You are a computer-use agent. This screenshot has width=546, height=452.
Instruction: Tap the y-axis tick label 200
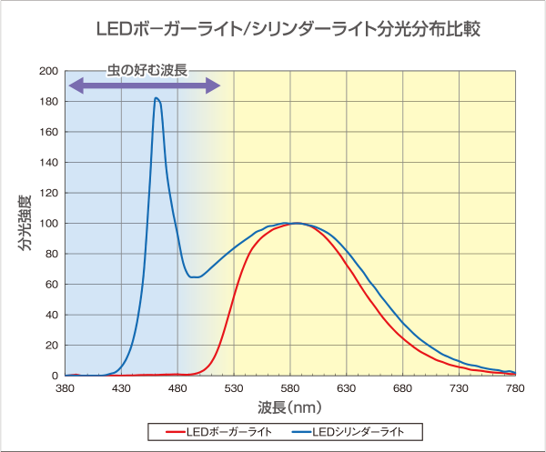click(49, 71)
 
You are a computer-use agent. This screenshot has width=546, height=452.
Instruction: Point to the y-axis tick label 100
click(49, 224)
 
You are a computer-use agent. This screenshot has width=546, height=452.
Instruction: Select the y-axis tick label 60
click(52, 285)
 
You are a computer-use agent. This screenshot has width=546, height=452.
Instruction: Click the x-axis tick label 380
click(65, 388)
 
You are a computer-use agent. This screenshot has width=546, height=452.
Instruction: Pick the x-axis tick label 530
click(234, 388)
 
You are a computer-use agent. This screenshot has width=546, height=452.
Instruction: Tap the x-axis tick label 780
click(515, 388)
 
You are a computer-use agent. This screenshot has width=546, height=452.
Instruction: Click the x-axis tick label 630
click(347, 388)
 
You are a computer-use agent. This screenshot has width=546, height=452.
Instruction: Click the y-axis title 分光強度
click(24, 223)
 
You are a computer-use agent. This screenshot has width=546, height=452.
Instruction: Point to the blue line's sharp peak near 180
click(157, 98)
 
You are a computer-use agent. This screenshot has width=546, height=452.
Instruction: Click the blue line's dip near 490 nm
click(193, 276)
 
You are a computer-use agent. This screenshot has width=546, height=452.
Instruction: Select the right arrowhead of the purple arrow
click(214, 85)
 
